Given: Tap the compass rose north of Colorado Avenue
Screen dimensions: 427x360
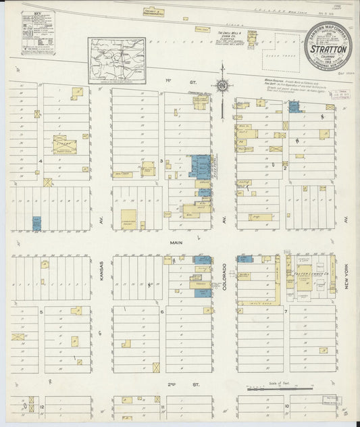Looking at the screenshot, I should (x=221, y=86).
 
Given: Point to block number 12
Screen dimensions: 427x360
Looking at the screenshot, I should (x=42, y=407).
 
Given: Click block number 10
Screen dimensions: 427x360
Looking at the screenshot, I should (x=286, y=407).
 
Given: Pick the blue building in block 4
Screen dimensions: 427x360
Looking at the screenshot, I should (x=37, y=222).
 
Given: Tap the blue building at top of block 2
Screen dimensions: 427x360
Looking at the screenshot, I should (x=294, y=106).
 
